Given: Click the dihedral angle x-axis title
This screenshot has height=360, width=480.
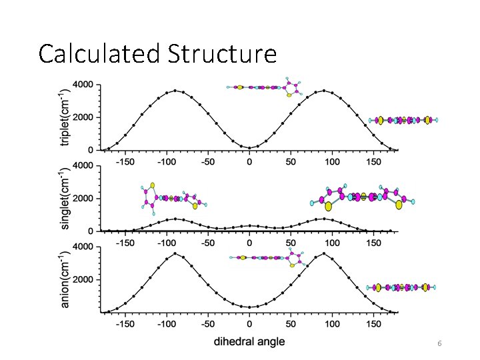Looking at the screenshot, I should (249, 342).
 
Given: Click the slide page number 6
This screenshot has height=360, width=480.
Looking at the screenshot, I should (439, 343).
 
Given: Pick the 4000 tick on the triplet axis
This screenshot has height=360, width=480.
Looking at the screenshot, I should (83, 85).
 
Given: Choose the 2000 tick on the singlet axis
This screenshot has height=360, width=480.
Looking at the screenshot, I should (83, 198).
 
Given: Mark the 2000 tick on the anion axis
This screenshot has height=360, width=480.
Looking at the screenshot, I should (83, 280).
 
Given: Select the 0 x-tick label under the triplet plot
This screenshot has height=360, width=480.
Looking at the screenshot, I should (249, 161).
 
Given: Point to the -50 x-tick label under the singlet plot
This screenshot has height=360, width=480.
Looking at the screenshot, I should (207, 243).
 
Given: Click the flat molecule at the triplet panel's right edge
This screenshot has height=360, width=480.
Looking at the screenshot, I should (404, 120).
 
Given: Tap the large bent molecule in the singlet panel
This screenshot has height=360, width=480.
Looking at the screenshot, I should (363, 197).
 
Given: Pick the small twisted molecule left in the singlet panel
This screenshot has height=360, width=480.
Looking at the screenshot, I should (170, 197).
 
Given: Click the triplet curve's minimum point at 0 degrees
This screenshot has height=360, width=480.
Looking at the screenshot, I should (249, 148).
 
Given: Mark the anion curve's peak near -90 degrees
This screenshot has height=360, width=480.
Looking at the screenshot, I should (175, 253).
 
